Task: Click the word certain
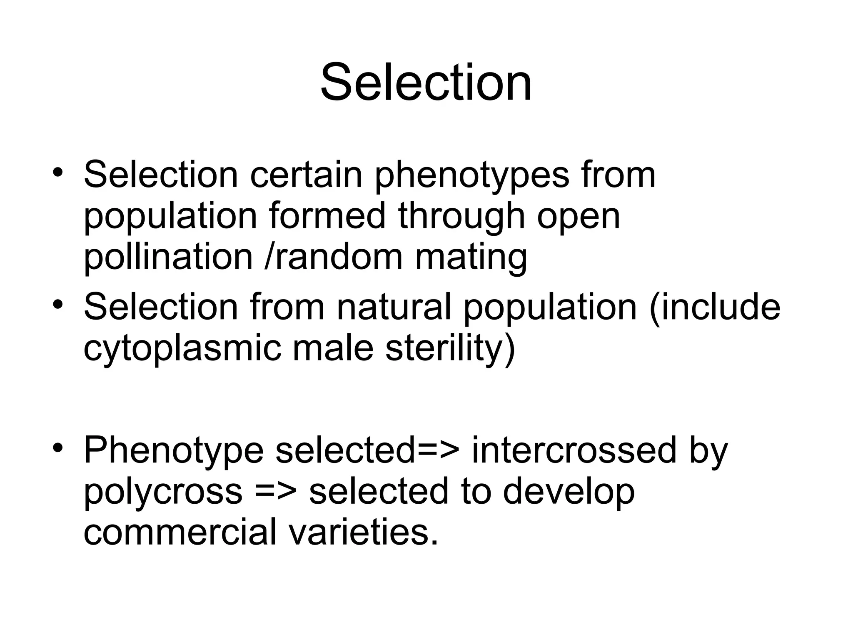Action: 306,175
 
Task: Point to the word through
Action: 461,217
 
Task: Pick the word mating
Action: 471,257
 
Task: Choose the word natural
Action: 394,307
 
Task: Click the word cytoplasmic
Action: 182,348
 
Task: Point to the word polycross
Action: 163,492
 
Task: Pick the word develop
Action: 569,492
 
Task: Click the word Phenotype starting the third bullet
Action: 174,451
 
